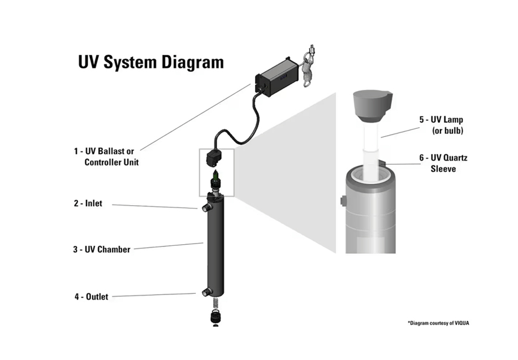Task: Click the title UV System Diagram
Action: pos(150,62)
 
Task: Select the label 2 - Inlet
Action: pos(88,203)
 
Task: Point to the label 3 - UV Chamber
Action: pos(101,249)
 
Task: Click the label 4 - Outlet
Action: pos(90,296)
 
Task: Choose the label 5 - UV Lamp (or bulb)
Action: pos(442,125)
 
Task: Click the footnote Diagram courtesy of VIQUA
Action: pos(438,323)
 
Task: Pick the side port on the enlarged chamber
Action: pos(343,201)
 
